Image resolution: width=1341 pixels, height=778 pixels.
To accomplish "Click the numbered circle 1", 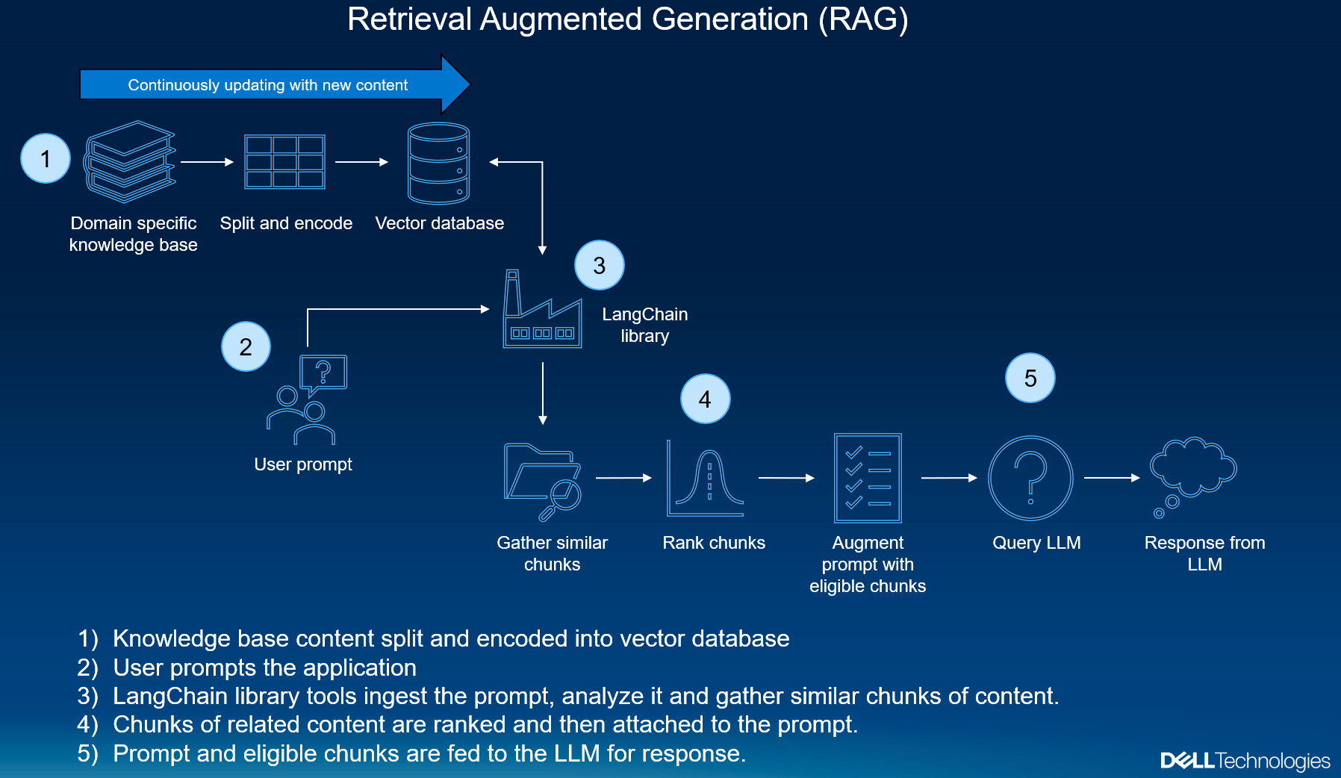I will [x=46, y=158].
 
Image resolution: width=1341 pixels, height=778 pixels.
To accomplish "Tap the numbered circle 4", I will [x=705, y=399].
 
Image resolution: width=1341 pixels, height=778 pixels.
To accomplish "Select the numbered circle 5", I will [x=1030, y=378].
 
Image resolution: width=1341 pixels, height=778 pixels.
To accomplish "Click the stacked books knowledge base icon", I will [x=130, y=162].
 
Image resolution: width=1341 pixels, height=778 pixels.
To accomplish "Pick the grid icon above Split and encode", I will [x=284, y=161].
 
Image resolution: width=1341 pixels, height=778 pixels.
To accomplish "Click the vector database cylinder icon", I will [x=438, y=164].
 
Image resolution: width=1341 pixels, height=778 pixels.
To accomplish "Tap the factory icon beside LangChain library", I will [x=542, y=311].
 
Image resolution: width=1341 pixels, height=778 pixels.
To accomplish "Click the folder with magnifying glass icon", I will [x=543, y=481].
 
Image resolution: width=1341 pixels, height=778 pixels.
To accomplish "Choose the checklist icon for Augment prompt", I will [x=868, y=478].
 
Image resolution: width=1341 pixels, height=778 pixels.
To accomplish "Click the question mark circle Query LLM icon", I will [x=1030, y=478].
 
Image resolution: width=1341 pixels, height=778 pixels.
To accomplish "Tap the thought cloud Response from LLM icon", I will [x=1192, y=475].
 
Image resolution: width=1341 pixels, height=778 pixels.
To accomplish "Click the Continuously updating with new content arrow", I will [x=269, y=84].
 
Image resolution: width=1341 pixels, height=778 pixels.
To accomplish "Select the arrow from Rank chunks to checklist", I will [x=785, y=478].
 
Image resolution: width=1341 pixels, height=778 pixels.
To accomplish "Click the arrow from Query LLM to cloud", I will [x=1111, y=478].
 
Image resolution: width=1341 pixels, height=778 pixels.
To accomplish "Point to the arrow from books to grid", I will [x=207, y=162].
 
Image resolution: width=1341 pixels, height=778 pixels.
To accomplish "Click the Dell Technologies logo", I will [x=1245, y=761].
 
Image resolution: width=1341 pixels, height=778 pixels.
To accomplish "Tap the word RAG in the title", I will [x=863, y=19].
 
